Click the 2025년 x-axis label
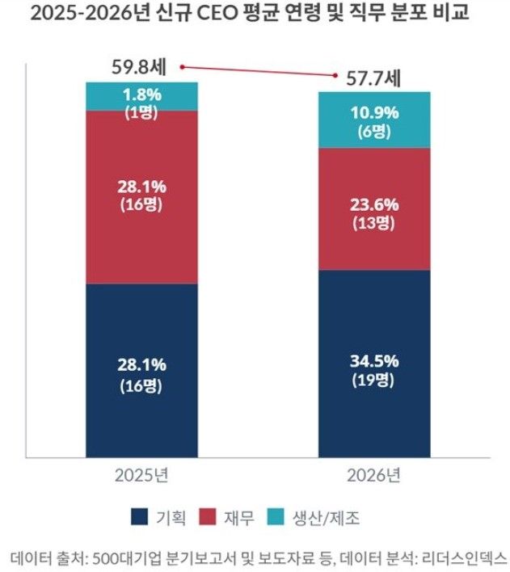[x=141, y=474]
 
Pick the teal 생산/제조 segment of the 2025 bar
[x=141, y=96]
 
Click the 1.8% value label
[x=142, y=93]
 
